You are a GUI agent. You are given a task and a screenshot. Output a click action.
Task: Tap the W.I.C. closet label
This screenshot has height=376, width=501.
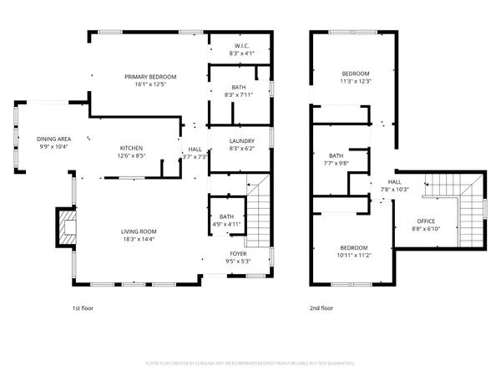point(240,45)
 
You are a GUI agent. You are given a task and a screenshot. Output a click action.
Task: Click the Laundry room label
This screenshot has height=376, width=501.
point(240,141)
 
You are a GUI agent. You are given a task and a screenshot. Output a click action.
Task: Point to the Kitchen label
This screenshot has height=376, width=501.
point(131,147)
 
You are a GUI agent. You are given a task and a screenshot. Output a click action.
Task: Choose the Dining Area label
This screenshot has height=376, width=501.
point(53,139)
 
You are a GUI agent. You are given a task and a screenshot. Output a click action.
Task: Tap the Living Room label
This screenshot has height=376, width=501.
point(139,231)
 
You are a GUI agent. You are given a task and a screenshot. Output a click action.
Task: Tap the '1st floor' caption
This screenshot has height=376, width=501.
point(83,308)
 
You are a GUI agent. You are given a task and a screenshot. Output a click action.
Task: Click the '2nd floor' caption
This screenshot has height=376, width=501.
point(321,308)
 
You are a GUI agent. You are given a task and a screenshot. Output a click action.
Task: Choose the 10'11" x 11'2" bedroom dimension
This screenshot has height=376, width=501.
point(353,256)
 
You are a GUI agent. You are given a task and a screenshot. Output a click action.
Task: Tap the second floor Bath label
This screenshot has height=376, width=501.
point(336,155)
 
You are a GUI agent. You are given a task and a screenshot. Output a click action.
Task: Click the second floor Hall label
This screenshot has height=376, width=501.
point(394,181)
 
